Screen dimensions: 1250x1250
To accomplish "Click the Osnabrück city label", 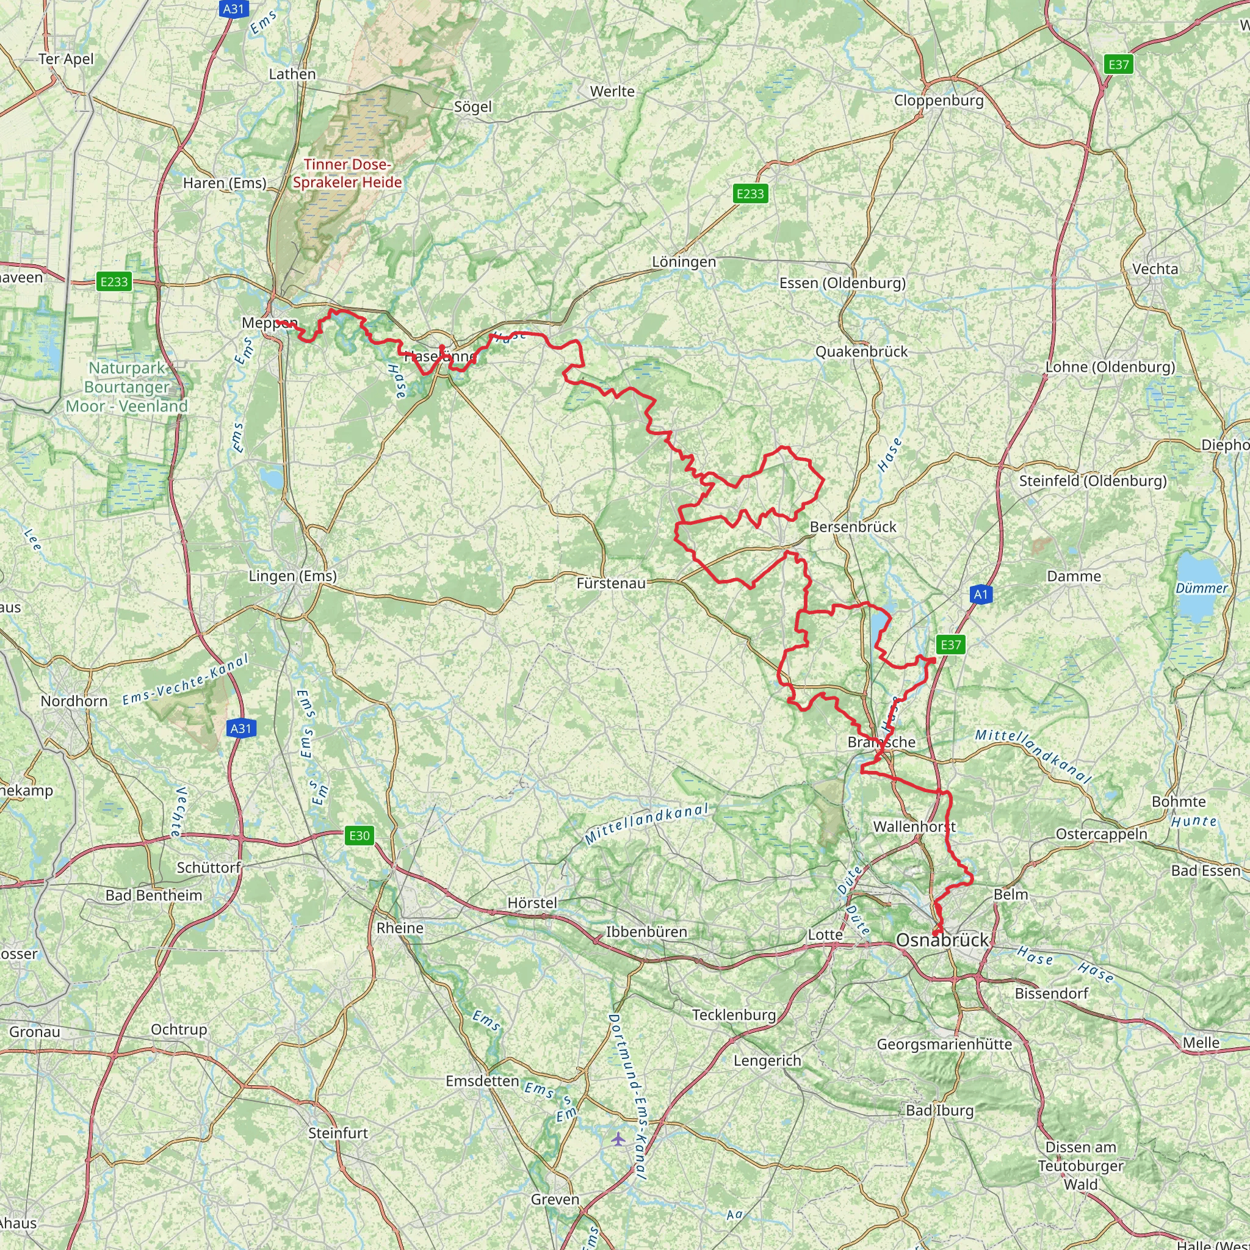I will (942, 940).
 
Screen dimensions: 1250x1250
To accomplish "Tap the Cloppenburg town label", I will (938, 100).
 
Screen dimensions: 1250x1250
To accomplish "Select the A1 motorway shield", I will (981, 594).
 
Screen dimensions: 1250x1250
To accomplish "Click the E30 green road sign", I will (359, 836).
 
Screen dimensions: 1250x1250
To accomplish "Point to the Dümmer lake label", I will (1201, 588).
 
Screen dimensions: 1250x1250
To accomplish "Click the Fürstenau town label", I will (611, 583).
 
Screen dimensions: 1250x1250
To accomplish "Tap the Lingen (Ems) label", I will (292, 576).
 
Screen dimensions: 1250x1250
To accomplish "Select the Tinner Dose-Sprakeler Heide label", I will (347, 173).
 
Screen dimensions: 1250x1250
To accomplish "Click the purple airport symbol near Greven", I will (619, 1139).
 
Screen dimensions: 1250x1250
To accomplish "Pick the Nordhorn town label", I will (74, 701).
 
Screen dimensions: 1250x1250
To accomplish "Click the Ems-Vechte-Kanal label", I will (186, 679).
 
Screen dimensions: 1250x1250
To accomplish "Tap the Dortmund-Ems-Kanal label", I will (627, 1096).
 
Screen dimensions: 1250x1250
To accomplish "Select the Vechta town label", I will (1155, 269).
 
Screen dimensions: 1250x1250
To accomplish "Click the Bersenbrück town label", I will (853, 527).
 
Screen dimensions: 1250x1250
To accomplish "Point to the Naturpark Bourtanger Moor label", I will (127, 387).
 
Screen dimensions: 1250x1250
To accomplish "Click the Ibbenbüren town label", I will (646, 931).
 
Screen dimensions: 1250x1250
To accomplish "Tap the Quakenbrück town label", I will (861, 352).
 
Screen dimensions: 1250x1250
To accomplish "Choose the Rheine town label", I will (400, 928).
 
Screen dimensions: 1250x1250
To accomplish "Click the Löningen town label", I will (684, 262).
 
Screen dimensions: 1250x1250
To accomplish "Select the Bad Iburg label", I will (939, 1110).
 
